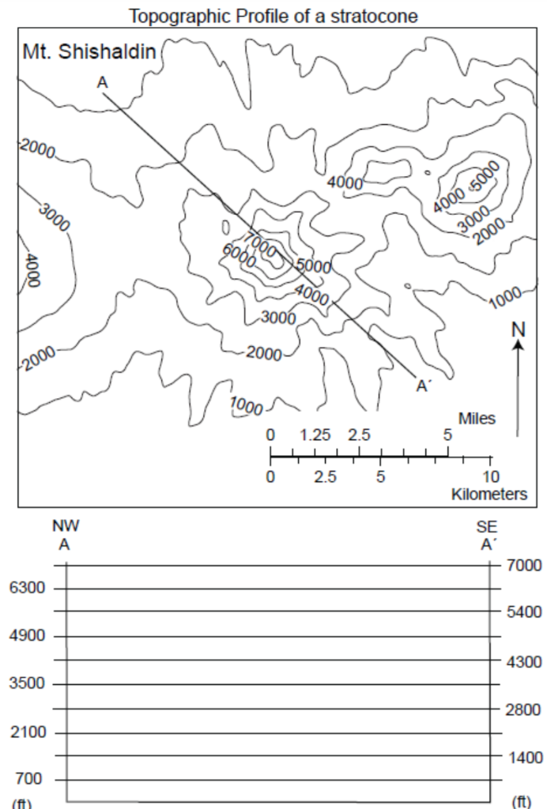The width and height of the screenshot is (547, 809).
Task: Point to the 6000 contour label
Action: coord(238,258)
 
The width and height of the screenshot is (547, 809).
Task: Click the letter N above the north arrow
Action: coord(518,329)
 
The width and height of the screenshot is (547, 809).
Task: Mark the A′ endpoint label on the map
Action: coord(424,386)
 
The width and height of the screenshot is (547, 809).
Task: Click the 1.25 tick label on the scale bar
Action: coord(315,435)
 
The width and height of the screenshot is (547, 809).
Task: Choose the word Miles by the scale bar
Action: coord(477,419)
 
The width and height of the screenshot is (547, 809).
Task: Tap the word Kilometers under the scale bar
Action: coord(489,495)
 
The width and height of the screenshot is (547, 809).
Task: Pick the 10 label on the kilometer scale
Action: coord(490,476)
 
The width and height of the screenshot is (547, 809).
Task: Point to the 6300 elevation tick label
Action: coord(27,589)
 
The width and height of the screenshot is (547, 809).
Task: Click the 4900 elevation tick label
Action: coord(27,636)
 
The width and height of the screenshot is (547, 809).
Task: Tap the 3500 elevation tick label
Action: coord(27,684)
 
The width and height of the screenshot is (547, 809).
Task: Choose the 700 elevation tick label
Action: coord(30,780)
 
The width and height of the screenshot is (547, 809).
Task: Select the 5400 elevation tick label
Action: coord(525,612)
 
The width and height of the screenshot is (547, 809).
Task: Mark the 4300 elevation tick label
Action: coord(525,661)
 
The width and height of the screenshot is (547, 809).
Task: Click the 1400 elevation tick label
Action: coord(525,758)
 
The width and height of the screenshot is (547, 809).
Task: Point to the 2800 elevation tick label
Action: coord(525,709)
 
